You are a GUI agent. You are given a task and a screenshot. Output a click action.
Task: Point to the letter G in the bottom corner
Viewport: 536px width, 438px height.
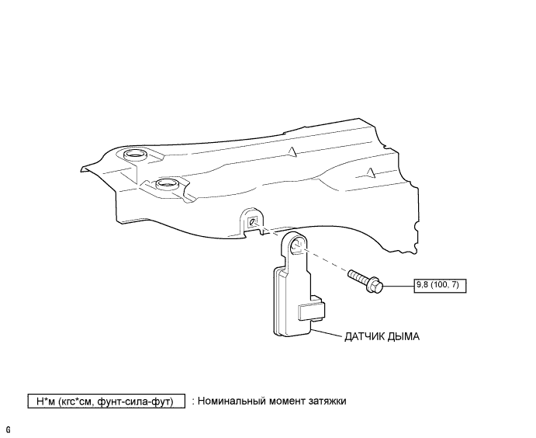[8, 429]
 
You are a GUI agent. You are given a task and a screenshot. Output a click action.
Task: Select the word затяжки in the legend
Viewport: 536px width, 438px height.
[325, 401]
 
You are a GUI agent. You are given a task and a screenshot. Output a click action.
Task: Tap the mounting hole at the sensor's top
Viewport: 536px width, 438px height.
[297, 248]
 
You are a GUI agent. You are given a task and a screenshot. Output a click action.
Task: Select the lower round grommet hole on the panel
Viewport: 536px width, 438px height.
[166, 185]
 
